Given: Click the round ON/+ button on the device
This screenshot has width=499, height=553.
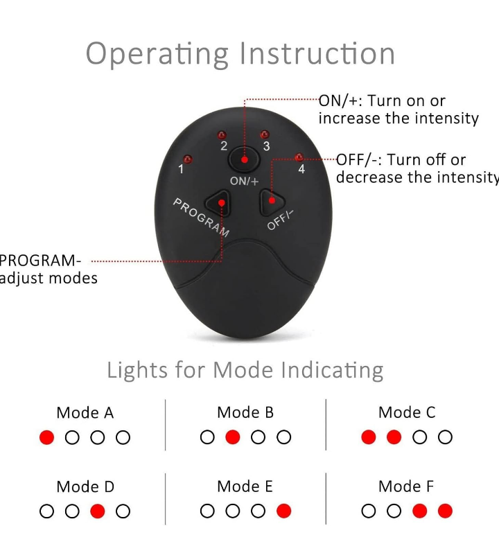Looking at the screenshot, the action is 244,159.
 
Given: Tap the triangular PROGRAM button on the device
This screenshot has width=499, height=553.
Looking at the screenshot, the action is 218,203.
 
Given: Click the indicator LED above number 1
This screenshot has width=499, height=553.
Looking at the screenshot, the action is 188,159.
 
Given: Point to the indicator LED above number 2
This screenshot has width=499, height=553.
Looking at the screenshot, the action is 222,135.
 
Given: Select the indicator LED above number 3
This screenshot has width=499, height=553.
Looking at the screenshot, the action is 265,134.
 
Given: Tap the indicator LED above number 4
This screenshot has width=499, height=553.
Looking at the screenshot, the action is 299,157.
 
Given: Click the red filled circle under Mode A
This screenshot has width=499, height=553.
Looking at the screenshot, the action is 47,437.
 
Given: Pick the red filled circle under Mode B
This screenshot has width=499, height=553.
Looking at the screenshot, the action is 233,437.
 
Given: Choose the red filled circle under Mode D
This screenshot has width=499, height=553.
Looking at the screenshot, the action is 98,511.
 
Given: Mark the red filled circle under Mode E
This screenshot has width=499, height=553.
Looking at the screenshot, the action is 284,511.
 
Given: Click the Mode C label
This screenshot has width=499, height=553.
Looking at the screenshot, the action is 407,412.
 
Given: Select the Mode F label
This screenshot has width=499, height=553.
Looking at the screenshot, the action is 406,486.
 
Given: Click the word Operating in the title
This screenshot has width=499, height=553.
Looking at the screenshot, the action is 157,54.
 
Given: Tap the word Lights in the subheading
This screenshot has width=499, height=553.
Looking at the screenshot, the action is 137,371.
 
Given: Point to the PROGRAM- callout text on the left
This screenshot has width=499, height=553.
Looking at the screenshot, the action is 40,261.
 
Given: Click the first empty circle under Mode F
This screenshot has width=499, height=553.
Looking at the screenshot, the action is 369,511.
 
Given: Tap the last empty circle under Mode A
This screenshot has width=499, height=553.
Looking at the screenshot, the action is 123,437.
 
